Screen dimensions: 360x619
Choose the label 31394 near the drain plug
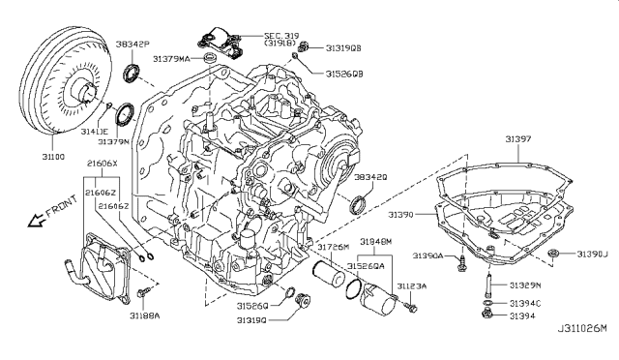[x=520, y=315]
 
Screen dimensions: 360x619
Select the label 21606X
[x=102, y=165]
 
